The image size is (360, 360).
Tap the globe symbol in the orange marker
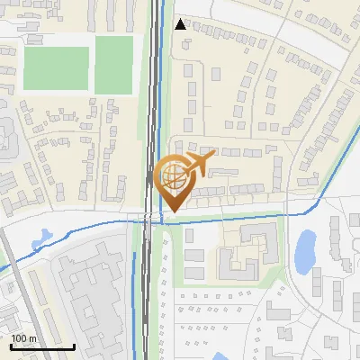tap(174, 178)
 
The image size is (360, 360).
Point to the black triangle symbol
tap(181, 24)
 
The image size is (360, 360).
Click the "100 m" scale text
tap(23, 338)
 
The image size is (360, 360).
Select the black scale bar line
tap(42, 346)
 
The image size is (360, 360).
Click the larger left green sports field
tap(56, 67)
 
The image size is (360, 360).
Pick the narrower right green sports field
tap(112, 62)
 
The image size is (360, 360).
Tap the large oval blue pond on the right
tap(306, 250)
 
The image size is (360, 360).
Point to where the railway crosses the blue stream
tap(148, 218)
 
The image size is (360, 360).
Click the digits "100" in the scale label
tap(19, 338)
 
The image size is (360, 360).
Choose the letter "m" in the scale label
tap(31, 339)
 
